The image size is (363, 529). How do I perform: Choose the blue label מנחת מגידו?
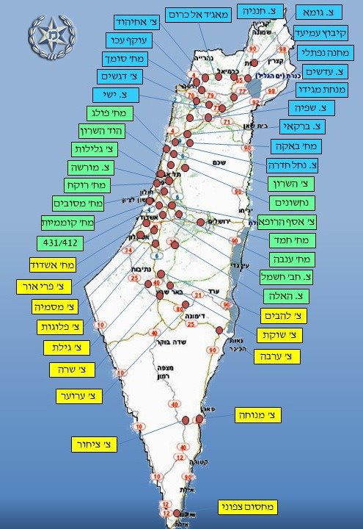pyautogui.click(x=319, y=90)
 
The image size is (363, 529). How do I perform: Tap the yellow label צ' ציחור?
pyautogui.click(x=95, y=444)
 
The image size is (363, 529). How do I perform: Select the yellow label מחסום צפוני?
pyautogui.click(x=248, y=506)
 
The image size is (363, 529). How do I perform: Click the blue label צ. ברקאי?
pyautogui.click(x=303, y=126)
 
